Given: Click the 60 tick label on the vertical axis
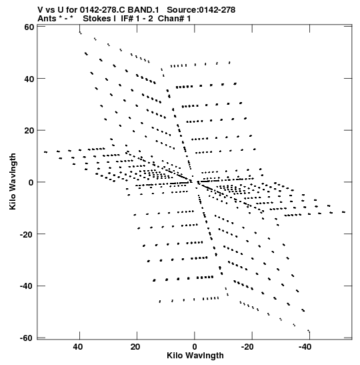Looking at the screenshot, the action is pos(29,27).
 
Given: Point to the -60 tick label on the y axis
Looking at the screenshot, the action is pos(27,338).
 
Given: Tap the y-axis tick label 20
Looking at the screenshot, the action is pos(29,131).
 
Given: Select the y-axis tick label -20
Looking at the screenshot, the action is pos(27,234).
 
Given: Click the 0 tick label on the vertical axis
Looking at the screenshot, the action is pos(31,183).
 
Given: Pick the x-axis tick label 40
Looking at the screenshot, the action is pos(78,347).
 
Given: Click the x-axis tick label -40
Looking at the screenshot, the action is pos(305,347).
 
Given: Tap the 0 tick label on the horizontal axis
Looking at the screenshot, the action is pos(195,347).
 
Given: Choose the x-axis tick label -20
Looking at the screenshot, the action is pos(247,347).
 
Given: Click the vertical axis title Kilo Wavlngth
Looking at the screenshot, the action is pos(13,181).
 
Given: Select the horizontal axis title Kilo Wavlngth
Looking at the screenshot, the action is pos(195,356).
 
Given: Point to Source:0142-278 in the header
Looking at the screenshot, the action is pos(201,10).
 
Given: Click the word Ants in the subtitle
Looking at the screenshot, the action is pos(47,19).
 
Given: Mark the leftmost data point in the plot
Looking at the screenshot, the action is pos(45,152).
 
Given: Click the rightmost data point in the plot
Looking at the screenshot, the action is pos(343,212).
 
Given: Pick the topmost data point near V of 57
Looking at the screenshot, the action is pos(80,33).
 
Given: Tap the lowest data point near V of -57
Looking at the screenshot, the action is pos(309,330).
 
